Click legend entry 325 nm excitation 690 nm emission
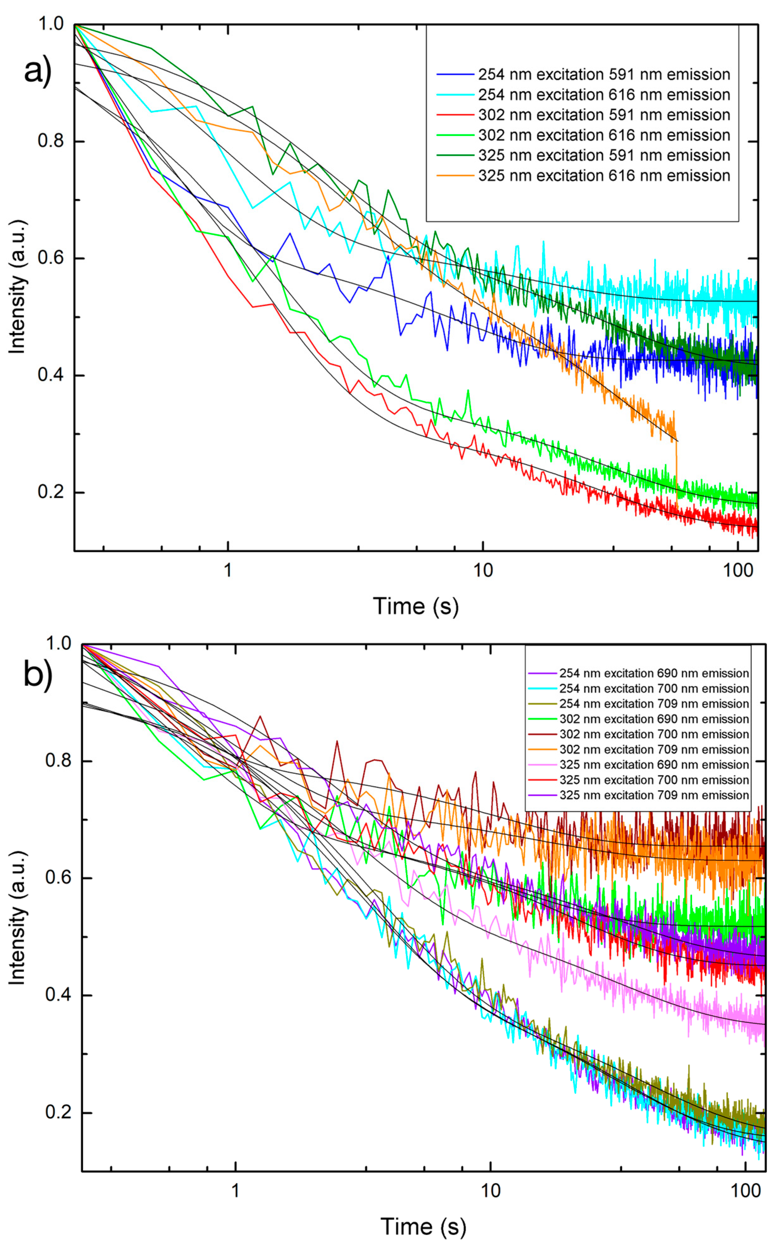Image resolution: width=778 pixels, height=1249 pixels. [x=654, y=764]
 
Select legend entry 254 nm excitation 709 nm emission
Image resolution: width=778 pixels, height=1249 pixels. [x=654, y=704]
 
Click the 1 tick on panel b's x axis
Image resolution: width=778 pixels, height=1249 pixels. [x=236, y=1190]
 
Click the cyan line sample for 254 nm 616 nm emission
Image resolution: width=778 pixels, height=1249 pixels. [x=455, y=95]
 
